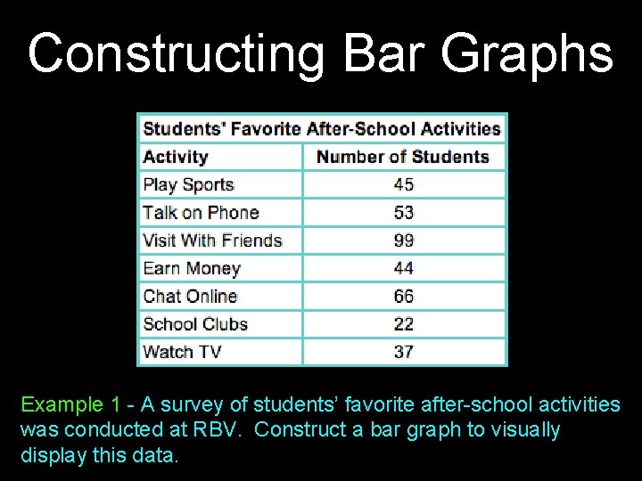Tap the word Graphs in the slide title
tap(526, 53)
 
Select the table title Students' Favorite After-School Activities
tap(322, 128)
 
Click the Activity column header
tap(175, 157)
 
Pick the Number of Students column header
tap(403, 157)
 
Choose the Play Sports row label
tap(188, 184)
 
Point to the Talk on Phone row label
tap(201, 212)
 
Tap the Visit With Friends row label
tap(212, 240)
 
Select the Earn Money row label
tap(192, 268)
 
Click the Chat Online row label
tap(190, 296)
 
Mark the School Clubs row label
tap(195, 323)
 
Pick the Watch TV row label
tap(182, 352)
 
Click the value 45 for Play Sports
tap(404, 184)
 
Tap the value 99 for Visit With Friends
tap(404, 240)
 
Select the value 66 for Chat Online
tap(404, 296)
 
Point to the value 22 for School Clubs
tap(404, 323)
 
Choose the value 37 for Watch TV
tap(404, 352)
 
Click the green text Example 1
tap(62, 405)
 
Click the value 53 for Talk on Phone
tap(404, 212)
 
